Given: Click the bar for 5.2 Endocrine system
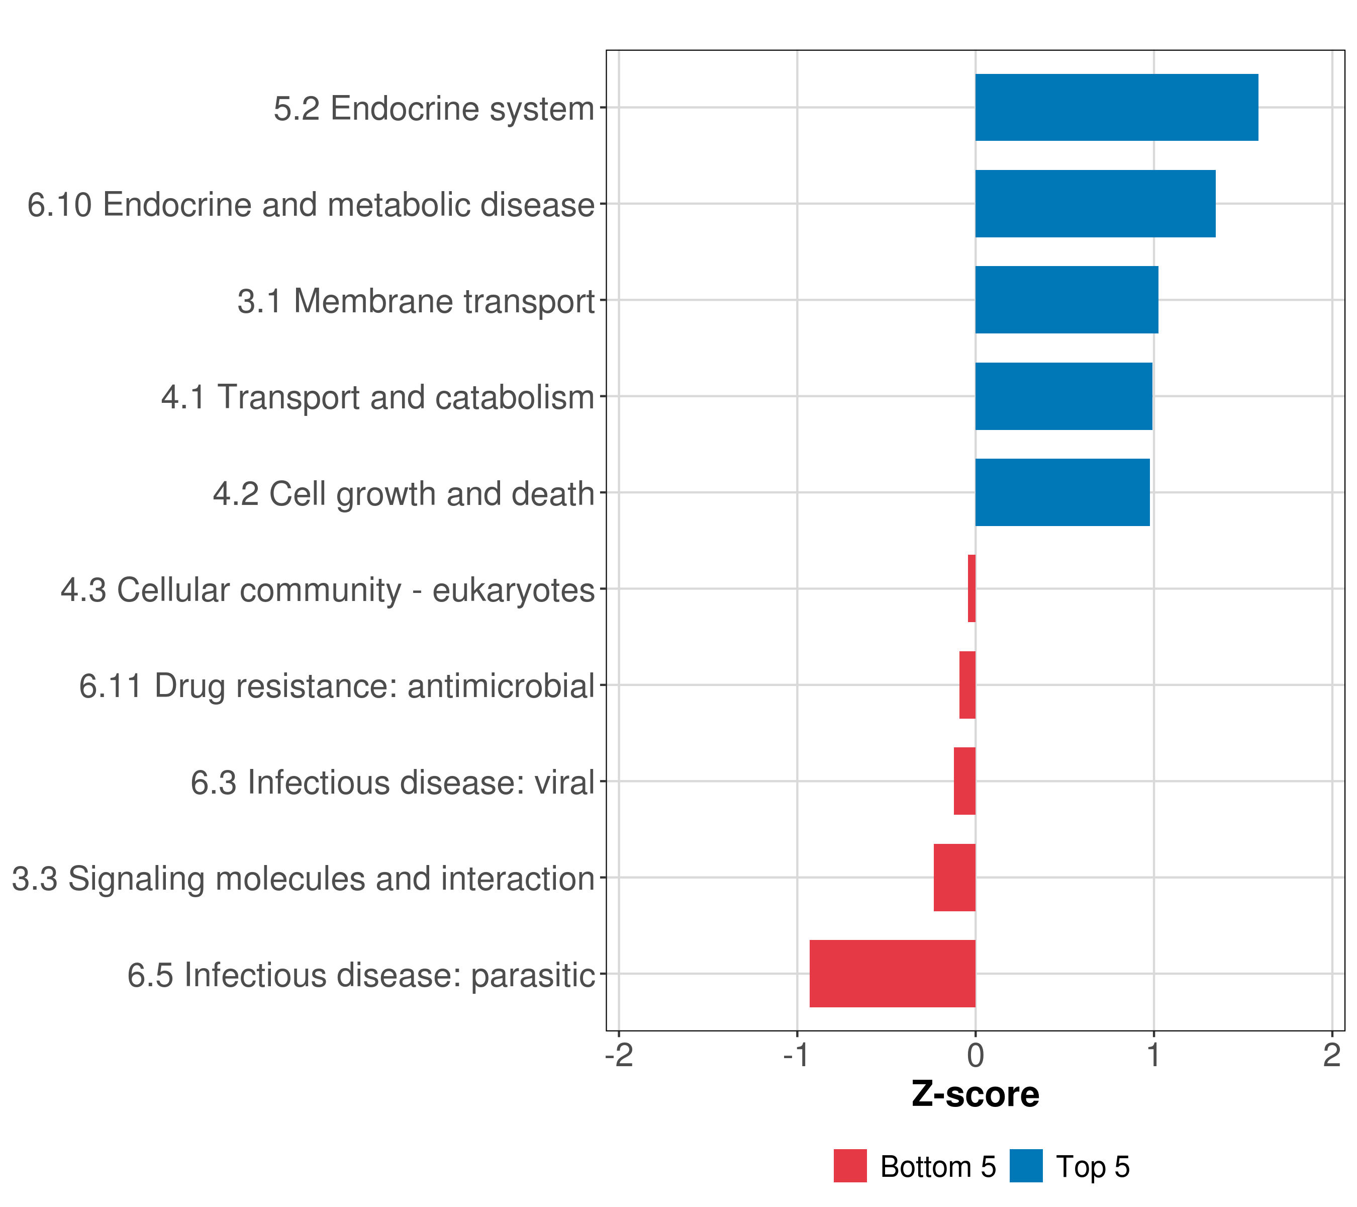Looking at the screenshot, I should [x=1116, y=108].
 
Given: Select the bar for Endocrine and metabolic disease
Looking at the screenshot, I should [x=1095, y=204].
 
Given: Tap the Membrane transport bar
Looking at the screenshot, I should [x=1066, y=300].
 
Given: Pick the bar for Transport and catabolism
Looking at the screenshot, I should [x=1063, y=397].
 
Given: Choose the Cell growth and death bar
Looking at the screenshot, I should [x=1062, y=493].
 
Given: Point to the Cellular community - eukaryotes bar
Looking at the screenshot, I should [x=972, y=588].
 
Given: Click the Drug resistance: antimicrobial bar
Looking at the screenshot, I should [x=967, y=685].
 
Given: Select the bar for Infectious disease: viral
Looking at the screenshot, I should [x=964, y=781].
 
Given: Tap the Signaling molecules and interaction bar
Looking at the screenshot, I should [x=955, y=878].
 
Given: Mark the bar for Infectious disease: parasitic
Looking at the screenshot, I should [x=892, y=974].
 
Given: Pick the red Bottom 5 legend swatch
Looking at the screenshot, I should [x=850, y=1166].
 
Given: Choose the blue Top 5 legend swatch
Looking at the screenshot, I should [x=1026, y=1166].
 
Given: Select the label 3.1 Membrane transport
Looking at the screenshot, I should [x=416, y=301].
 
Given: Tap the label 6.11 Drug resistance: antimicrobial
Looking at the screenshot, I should [x=337, y=686].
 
